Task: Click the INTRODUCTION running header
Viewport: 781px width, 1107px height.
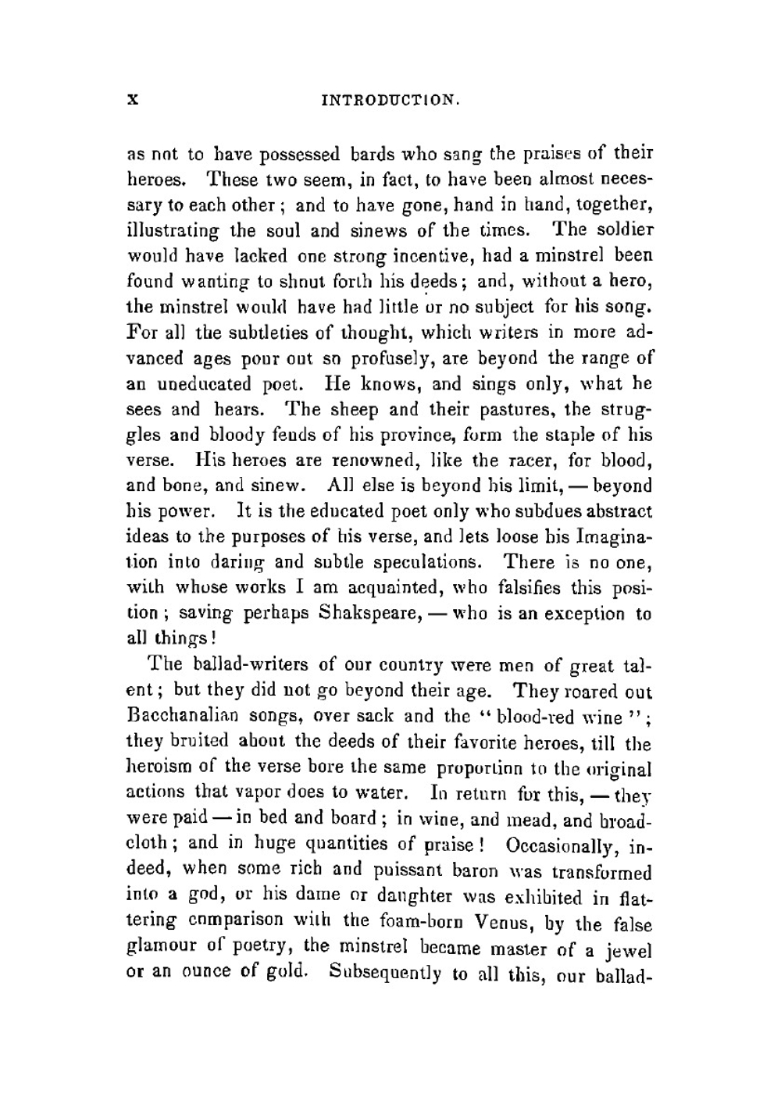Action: coord(390,101)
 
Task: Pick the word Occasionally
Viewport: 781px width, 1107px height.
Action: coord(561,845)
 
